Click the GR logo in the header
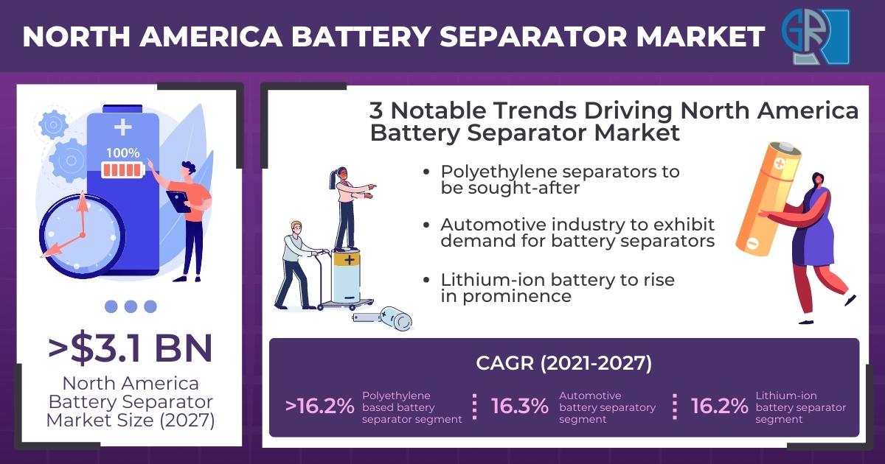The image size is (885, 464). tap(816, 37)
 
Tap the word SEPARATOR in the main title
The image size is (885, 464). tap(533, 37)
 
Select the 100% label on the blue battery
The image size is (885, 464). tap(123, 152)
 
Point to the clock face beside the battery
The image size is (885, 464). tap(82, 236)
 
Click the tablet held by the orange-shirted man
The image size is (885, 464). tap(178, 202)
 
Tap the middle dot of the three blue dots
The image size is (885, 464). tap(131, 306)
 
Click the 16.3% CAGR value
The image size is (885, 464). tap(519, 406)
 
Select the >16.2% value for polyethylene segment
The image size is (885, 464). tap(319, 406)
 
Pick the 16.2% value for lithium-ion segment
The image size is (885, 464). tap(719, 406)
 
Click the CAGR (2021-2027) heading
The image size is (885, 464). tap(563, 363)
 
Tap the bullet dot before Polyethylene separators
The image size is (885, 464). tap(426, 172)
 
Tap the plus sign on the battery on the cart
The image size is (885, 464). tap(350, 259)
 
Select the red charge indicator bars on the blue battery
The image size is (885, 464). tap(123, 170)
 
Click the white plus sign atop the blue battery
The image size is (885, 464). tap(123, 127)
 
